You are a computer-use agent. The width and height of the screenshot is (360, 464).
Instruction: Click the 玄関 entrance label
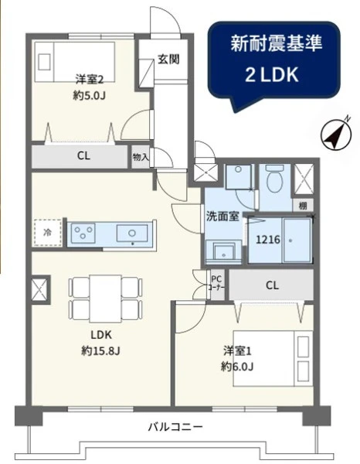pyautogui.click(x=168, y=60)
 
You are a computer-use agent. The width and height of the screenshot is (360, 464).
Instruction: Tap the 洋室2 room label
pyautogui.click(x=89, y=80)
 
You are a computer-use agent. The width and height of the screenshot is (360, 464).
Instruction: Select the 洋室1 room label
pyautogui.click(x=237, y=351)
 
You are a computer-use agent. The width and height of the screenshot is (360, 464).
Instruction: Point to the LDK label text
pyautogui.click(x=100, y=335)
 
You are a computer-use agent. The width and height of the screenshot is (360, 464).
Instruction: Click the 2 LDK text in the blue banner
pyautogui.click(x=272, y=75)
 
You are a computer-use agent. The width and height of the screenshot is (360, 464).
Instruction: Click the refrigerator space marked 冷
pyautogui.click(x=48, y=233)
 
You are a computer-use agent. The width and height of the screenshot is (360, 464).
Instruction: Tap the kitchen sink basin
pyautogui.click(x=132, y=234)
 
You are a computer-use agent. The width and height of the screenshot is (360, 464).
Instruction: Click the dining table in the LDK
pyautogui.click(x=105, y=299)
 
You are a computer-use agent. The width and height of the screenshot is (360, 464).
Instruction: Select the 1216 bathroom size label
pyautogui.click(x=268, y=239)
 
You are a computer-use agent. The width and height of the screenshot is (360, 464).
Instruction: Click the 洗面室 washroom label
pyautogui.click(x=222, y=217)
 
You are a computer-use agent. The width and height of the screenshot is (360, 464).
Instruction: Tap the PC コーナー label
pyautogui.click(x=216, y=283)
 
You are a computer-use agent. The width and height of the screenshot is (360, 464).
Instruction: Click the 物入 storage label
pyautogui.click(x=141, y=157)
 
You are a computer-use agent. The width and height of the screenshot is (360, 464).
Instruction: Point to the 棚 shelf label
pyautogui.click(x=303, y=206)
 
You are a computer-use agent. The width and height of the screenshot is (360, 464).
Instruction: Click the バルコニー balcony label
pyautogui.click(x=175, y=427)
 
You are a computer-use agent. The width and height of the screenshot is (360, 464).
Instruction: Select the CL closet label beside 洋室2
pyautogui.click(x=83, y=155)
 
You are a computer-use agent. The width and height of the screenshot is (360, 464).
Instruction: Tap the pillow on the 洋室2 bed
pyautogui.click(x=44, y=62)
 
